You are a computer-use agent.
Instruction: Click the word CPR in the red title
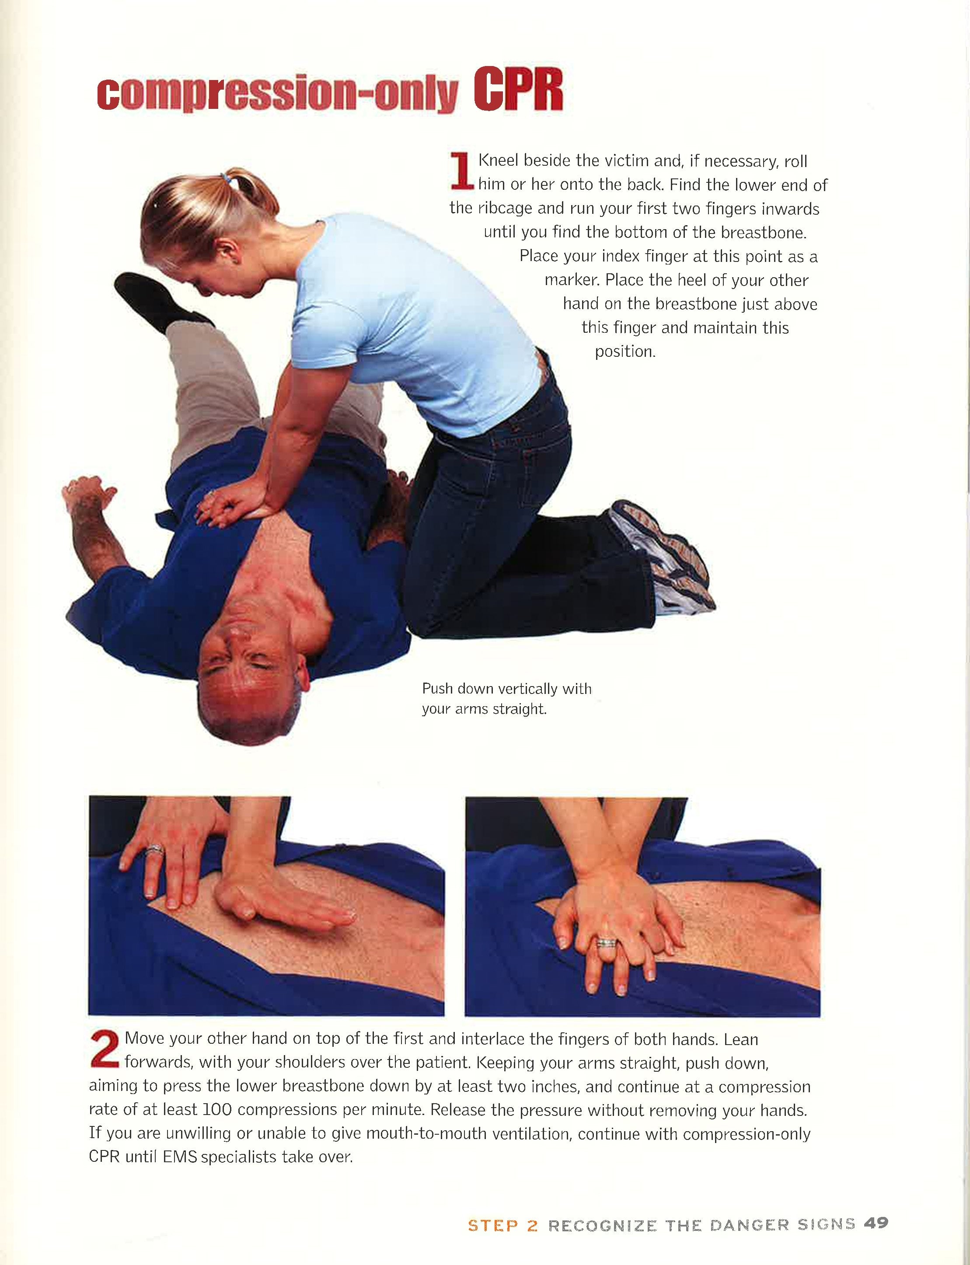(x=518, y=90)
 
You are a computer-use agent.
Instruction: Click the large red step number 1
(x=461, y=171)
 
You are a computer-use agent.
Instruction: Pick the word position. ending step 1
(x=625, y=352)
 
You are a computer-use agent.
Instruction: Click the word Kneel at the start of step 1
(x=499, y=161)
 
